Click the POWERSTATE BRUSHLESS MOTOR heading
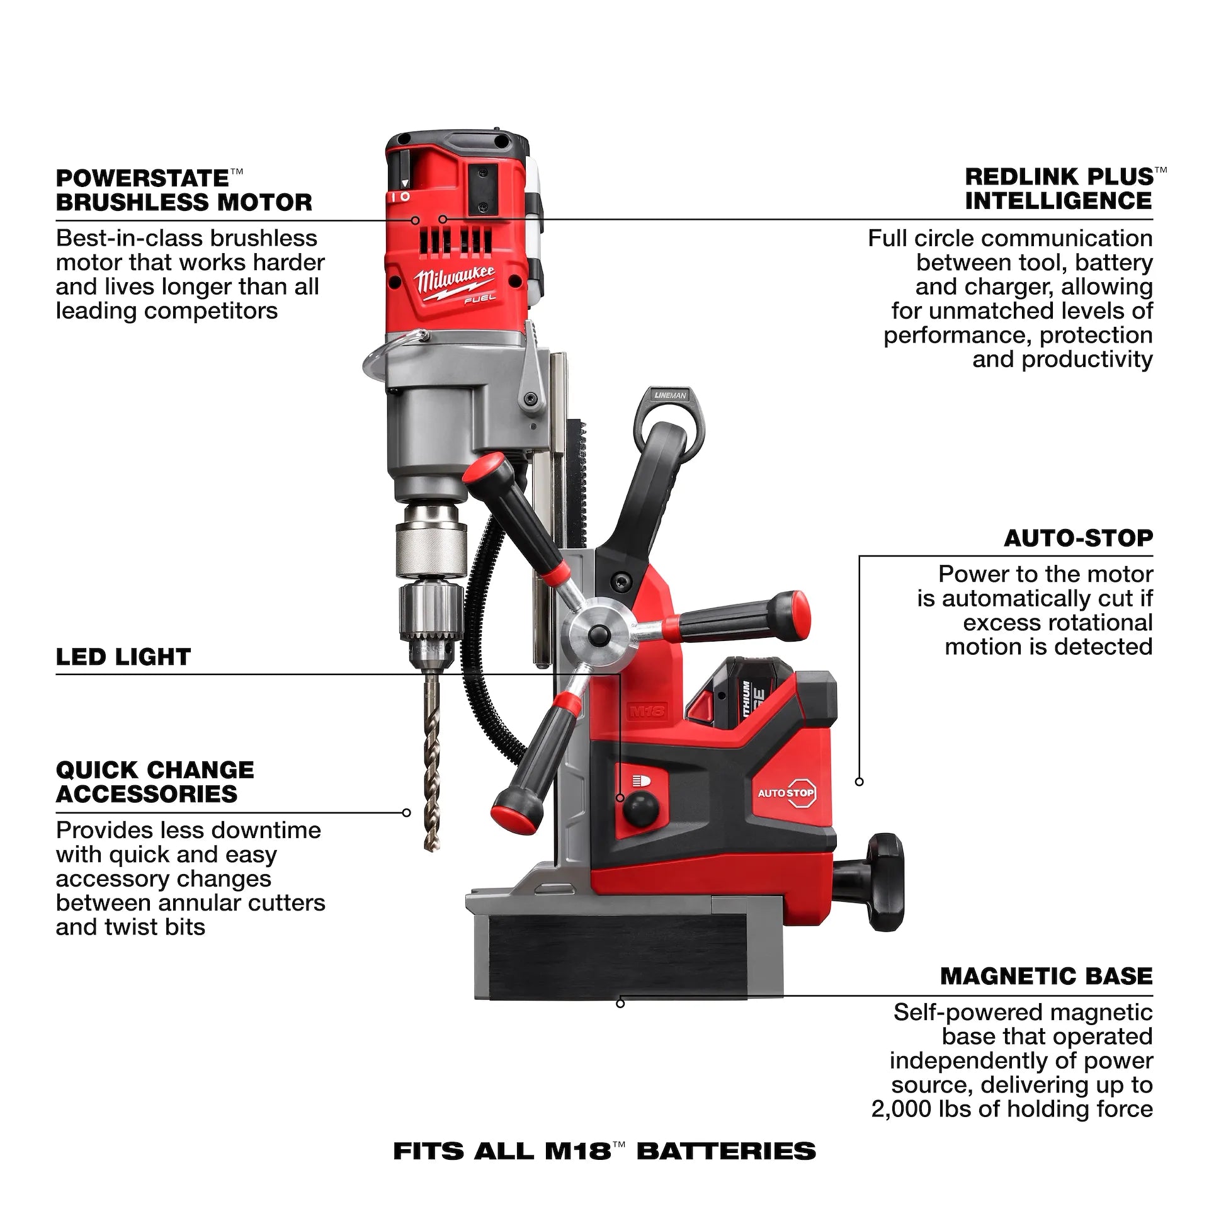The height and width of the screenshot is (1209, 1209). [x=184, y=190]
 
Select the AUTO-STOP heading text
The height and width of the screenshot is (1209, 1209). [x=1078, y=538]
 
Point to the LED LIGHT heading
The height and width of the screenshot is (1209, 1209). [x=123, y=657]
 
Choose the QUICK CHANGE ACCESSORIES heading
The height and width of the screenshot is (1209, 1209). [x=155, y=781]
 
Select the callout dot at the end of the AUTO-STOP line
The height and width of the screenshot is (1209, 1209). [x=860, y=781]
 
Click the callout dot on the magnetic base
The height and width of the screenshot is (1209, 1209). [x=620, y=1003]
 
